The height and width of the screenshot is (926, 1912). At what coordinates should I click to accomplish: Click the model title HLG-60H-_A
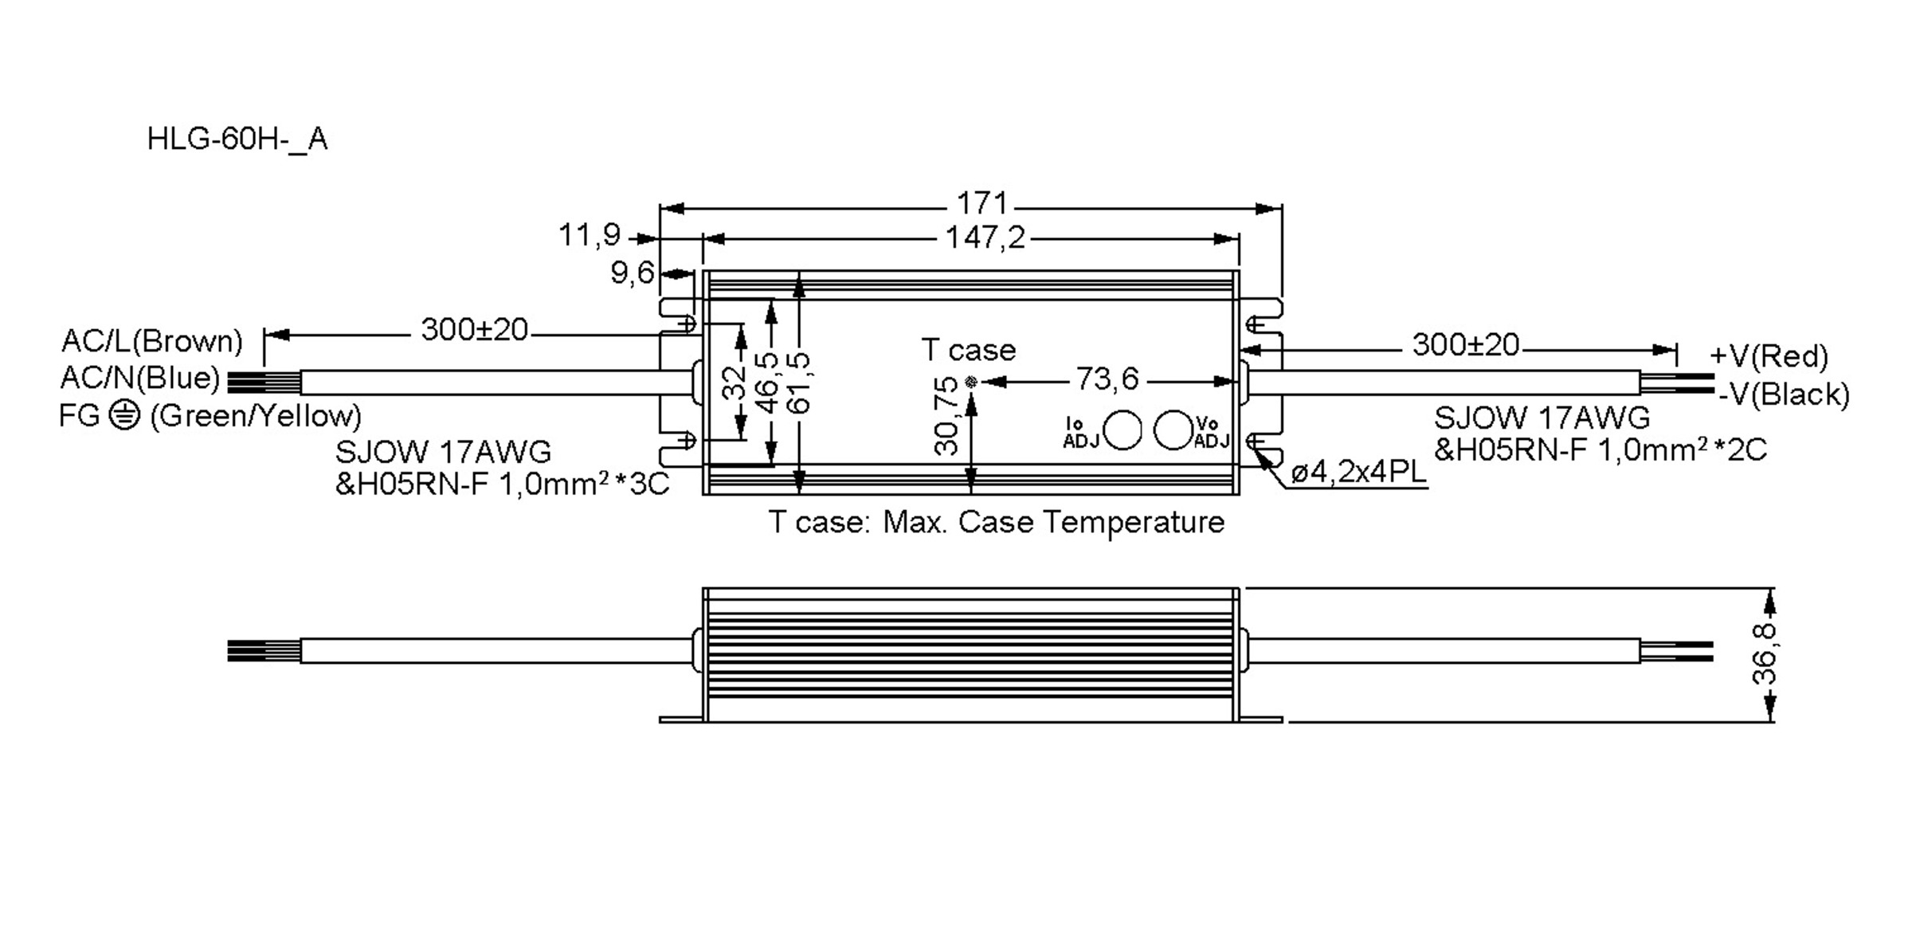point(237,139)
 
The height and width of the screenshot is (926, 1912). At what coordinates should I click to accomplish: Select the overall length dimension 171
point(981,204)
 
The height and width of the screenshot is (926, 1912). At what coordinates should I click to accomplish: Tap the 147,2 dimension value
point(985,237)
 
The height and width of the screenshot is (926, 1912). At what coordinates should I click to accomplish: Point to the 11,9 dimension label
point(590,235)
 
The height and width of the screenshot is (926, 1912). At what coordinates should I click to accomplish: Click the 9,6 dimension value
point(632,273)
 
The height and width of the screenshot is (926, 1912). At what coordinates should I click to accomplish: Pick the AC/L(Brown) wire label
point(152,341)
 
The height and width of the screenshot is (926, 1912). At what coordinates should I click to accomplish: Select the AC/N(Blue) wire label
point(140,378)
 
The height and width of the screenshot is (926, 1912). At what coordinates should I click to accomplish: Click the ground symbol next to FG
point(124,415)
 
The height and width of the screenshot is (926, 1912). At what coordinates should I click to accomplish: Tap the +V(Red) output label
point(1769,356)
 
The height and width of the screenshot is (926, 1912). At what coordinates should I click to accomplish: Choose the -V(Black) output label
point(1784,394)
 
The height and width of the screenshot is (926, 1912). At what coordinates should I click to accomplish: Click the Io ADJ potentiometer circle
point(1124,431)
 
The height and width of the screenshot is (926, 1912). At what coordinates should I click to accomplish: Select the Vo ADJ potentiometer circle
point(1172,430)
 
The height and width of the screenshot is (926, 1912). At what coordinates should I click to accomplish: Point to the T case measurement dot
point(970,383)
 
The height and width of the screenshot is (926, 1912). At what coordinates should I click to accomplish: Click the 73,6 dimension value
point(1107,379)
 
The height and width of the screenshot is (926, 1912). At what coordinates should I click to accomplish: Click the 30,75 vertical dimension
point(946,415)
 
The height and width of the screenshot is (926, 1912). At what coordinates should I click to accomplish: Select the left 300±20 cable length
point(474,330)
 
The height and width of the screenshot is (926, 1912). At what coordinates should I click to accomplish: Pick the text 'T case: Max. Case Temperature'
point(996,523)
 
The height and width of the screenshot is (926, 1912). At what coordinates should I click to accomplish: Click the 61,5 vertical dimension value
point(798,383)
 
